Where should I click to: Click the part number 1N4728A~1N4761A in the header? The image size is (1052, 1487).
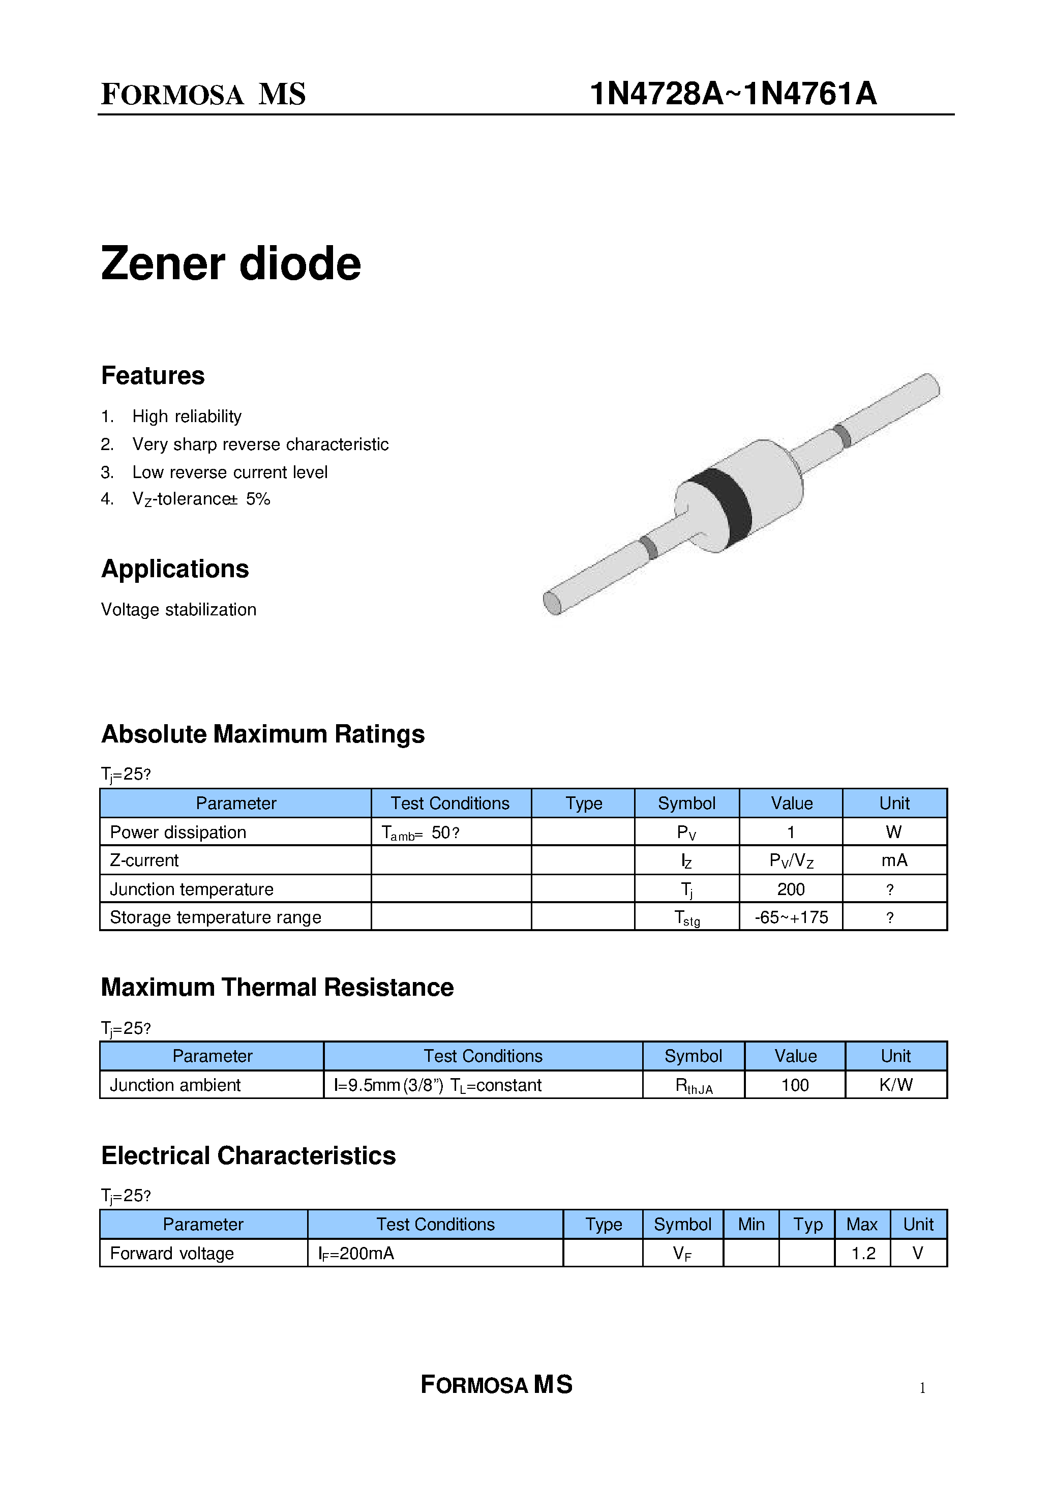(x=733, y=94)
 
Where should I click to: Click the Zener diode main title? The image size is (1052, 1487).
(x=231, y=264)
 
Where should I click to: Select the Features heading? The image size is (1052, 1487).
(x=153, y=376)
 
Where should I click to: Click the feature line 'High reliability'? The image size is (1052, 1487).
(x=187, y=417)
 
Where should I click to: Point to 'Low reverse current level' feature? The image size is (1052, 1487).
(x=230, y=472)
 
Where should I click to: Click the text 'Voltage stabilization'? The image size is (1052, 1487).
(x=179, y=610)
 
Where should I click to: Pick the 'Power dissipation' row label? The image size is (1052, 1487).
(x=178, y=832)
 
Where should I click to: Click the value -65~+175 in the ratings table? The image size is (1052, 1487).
(x=791, y=917)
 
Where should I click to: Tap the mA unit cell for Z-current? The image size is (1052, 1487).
(x=894, y=860)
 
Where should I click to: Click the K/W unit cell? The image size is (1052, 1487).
(x=896, y=1085)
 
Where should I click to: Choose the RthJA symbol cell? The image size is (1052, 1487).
(x=693, y=1085)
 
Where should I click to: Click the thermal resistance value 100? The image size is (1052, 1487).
(x=795, y=1085)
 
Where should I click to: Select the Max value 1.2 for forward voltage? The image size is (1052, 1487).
(x=862, y=1253)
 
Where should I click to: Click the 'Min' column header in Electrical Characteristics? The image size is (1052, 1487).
(x=751, y=1224)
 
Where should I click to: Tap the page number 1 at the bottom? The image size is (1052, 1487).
(x=922, y=1387)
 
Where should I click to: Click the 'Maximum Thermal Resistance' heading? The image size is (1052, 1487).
(x=277, y=988)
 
